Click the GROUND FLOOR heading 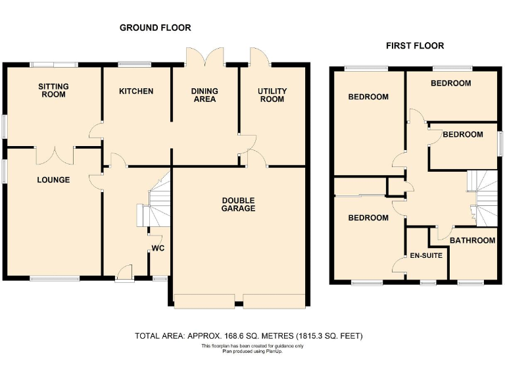(155, 28)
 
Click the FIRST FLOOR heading (414, 45)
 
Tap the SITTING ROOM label (53, 90)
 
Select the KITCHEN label (136, 91)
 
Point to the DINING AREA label (204, 95)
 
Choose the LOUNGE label (53, 180)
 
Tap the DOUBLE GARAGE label (238, 204)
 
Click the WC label (158, 249)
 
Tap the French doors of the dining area (204, 57)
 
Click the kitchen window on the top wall (135, 64)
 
